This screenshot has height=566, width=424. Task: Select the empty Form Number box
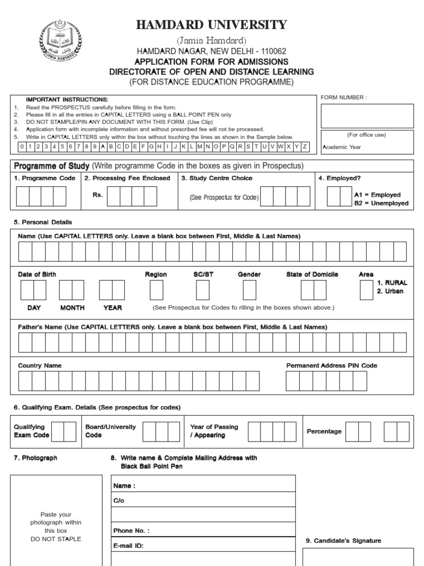pyautogui.click(x=367, y=115)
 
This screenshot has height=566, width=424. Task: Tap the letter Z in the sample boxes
pyautogui.click(x=305, y=146)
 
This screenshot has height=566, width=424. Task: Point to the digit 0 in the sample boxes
pyautogui.click(x=22, y=146)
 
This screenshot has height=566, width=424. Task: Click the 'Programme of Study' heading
pyautogui.click(x=51, y=166)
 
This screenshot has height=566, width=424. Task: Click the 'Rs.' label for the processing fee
pyautogui.click(x=98, y=195)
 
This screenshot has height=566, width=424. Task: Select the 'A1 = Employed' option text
pyautogui.click(x=377, y=195)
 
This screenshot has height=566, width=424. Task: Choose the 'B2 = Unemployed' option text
pyautogui.click(x=381, y=203)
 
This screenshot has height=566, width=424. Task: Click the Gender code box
pyautogui.click(x=250, y=290)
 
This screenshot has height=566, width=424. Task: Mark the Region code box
pyautogui.click(x=156, y=290)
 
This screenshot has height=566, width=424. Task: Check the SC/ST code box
pyautogui.click(x=203, y=290)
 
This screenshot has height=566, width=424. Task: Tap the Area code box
pyautogui.click(x=366, y=290)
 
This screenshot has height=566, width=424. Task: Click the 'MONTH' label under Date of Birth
pyautogui.click(x=72, y=308)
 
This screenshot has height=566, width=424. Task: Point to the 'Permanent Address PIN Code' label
pyautogui.click(x=332, y=366)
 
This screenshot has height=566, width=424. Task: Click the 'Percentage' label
pyautogui.click(x=324, y=431)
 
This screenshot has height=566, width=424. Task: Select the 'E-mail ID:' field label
pyautogui.click(x=129, y=546)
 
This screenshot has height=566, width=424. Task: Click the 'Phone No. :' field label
pyautogui.click(x=131, y=531)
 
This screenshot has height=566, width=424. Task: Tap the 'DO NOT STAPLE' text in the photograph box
pyautogui.click(x=56, y=539)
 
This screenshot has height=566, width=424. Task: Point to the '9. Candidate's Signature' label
pyautogui.click(x=343, y=541)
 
